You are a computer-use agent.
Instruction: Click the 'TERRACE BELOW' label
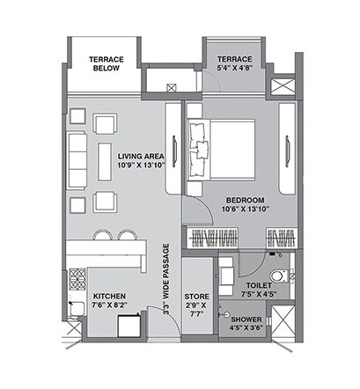tap(106, 64)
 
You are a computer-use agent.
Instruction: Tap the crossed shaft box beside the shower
tap(284, 320)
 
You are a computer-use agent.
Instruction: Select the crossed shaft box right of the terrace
tap(284, 89)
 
